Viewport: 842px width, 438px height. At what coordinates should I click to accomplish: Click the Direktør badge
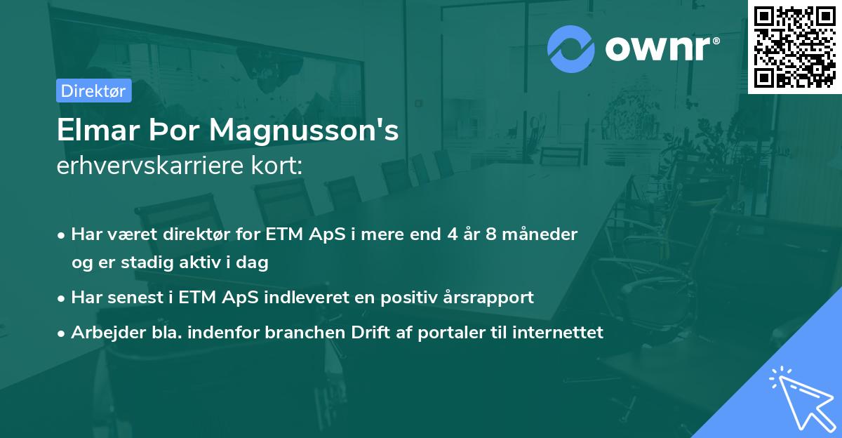(x=93, y=91)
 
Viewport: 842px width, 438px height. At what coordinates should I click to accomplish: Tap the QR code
(x=794, y=46)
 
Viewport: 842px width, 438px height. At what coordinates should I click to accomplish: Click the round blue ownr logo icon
(x=571, y=48)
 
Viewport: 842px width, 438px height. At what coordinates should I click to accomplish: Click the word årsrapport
(x=490, y=297)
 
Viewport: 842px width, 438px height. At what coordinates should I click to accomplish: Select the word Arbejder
(x=102, y=332)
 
